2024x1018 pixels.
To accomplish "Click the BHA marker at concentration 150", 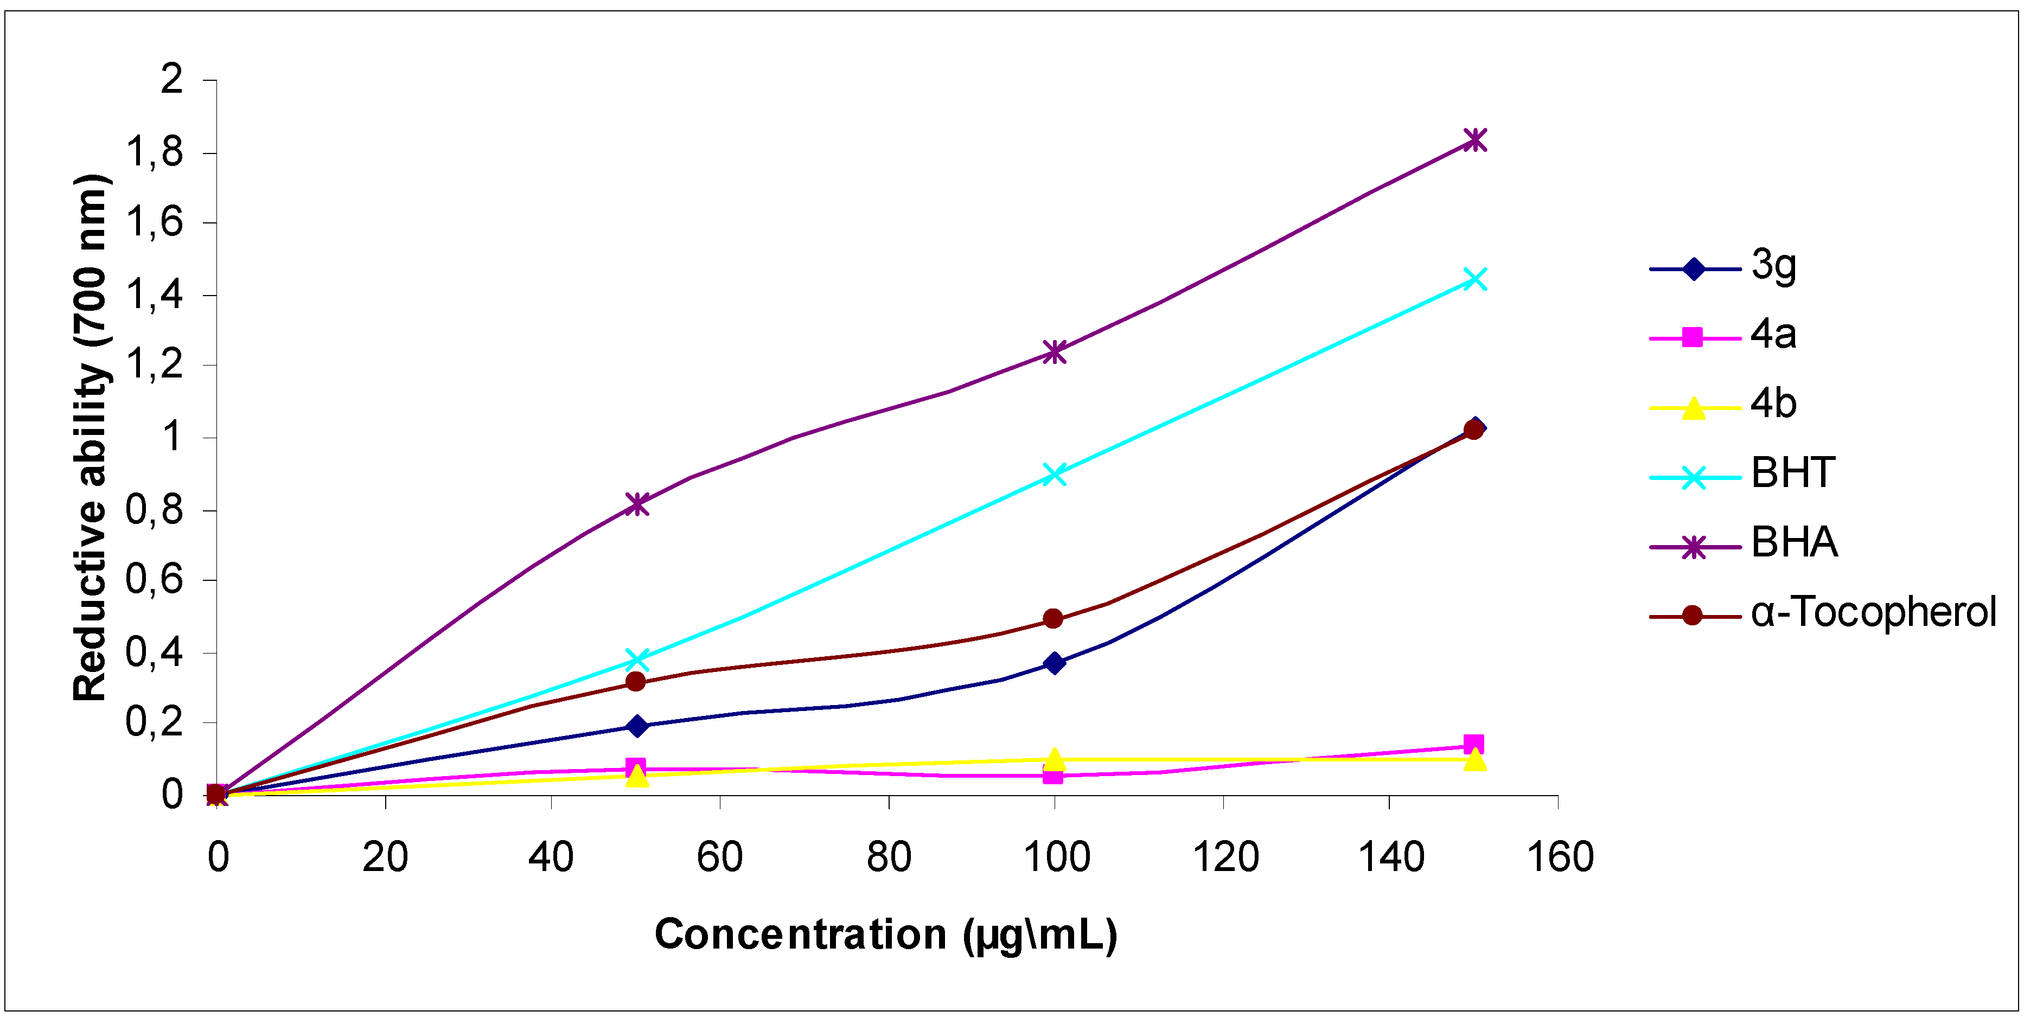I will (x=1475, y=140).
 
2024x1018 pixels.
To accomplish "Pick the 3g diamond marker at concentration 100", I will (x=1055, y=663).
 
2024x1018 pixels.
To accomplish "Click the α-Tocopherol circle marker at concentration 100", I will (x=1053, y=619).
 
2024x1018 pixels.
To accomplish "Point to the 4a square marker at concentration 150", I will (x=1474, y=744).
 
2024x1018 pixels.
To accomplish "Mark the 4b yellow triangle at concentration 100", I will (x=1055, y=759).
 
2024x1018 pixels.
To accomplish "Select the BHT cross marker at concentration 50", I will (x=637, y=658).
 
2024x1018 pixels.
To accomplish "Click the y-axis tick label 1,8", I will (x=155, y=152).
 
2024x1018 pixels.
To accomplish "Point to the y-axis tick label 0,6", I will (x=155, y=580).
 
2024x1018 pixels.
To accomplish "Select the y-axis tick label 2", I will (x=171, y=79).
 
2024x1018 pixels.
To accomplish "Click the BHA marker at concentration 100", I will (x=1053, y=351).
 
